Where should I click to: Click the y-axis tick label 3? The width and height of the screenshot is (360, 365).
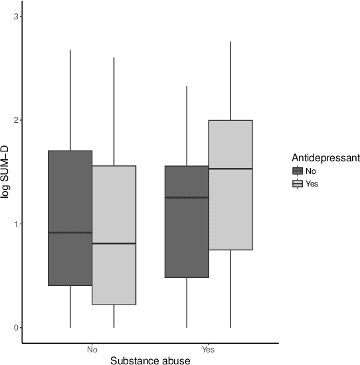click(x=14, y=16)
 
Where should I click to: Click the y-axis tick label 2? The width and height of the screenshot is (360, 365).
click(x=14, y=120)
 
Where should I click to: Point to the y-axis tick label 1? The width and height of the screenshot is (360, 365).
click(x=14, y=224)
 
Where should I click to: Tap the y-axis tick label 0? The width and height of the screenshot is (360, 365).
click(x=14, y=328)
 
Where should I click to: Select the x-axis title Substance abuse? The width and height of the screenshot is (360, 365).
click(x=150, y=360)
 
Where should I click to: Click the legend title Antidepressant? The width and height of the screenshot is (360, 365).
click(x=325, y=158)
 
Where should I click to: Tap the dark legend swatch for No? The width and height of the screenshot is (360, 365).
click(x=298, y=171)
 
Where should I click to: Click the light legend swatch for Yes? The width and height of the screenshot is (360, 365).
click(x=298, y=184)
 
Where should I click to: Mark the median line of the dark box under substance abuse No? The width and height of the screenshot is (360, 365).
click(x=70, y=232)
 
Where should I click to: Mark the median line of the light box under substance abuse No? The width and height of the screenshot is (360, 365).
click(x=114, y=244)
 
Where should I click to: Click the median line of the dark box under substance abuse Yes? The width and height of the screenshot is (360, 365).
click(x=187, y=197)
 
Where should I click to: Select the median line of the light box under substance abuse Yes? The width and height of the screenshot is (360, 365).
click(x=230, y=169)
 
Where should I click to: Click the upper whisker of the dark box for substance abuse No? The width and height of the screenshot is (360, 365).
click(x=70, y=100)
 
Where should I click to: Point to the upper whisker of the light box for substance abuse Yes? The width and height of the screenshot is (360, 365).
click(x=230, y=80)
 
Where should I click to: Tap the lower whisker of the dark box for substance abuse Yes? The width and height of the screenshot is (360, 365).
click(x=187, y=303)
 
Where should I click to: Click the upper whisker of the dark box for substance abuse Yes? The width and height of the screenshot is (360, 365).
click(x=187, y=126)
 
